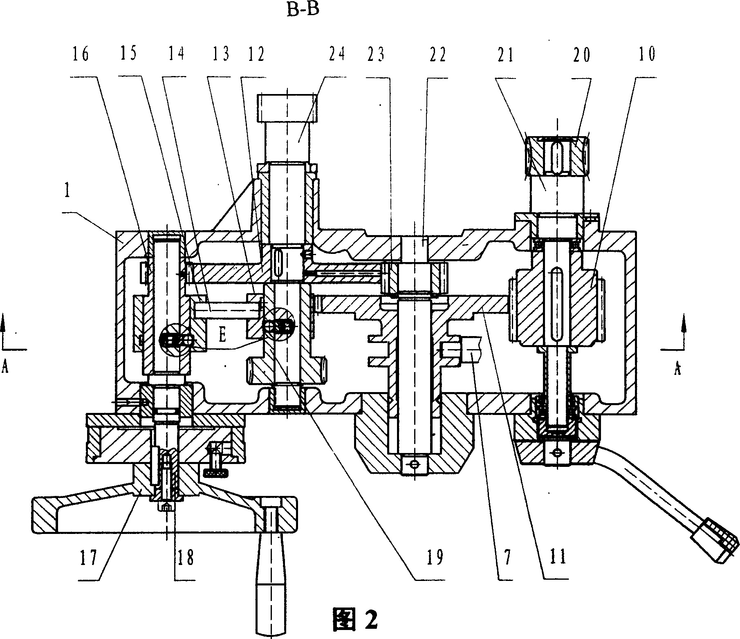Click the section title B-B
(x=303, y=9)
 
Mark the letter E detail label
(x=223, y=335)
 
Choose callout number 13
(x=221, y=54)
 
